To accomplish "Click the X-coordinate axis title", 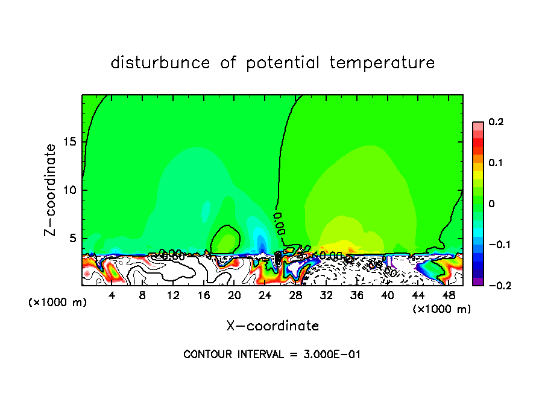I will pyautogui.click(x=272, y=326).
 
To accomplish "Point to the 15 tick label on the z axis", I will pyautogui.click(x=69, y=143).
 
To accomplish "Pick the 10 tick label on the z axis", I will pyautogui.click(x=69, y=190).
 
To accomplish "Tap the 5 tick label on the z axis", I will pyautogui.click(x=72, y=238).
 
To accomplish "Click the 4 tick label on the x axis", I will pyautogui.click(x=112, y=295).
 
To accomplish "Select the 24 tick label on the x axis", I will pyautogui.click(x=265, y=295).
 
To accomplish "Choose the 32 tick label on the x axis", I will pyautogui.click(x=326, y=295).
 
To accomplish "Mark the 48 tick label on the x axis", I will pyautogui.click(x=449, y=295).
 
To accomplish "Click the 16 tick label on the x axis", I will pyautogui.click(x=204, y=295).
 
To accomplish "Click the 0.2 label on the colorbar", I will pyautogui.click(x=496, y=122).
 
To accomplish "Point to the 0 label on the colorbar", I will pyautogui.click(x=492, y=204).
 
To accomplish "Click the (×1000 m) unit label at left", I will pyautogui.click(x=58, y=302).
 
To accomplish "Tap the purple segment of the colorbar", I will pyautogui.click(x=477, y=281).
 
